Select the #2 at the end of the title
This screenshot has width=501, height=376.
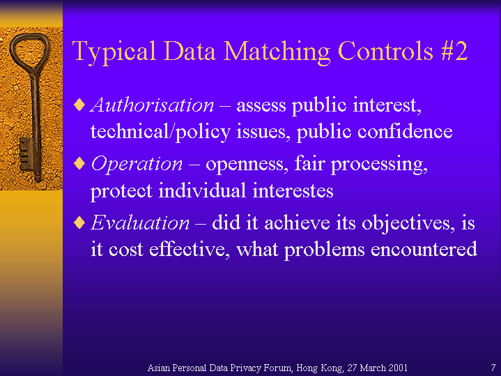click(454, 50)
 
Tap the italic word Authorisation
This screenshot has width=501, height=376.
click(153, 105)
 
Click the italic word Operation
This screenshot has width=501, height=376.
click(137, 165)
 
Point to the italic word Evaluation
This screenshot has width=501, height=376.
click(140, 223)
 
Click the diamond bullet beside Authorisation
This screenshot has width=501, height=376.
click(79, 105)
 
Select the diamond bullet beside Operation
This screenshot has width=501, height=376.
click(79, 163)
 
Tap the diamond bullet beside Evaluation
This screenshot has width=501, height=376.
click(79, 223)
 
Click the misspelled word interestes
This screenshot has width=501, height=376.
click(293, 191)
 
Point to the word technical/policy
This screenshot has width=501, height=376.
click(160, 132)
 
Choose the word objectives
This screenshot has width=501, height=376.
click(408, 224)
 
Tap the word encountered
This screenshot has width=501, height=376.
click(424, 250)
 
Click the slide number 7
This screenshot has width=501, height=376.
click(493, 368)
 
